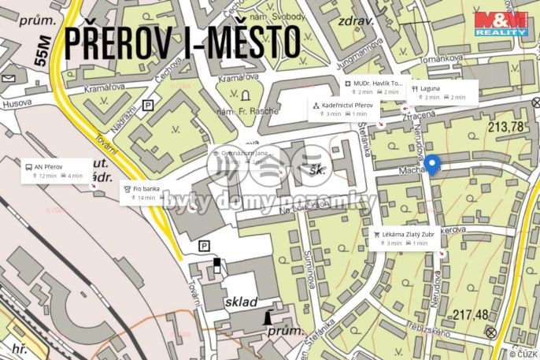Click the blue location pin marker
(433, 165)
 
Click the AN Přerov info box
(54, 171)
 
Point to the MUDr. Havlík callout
(375, 87)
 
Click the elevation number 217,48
(472, 314)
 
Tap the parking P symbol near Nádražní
(149, 105)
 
